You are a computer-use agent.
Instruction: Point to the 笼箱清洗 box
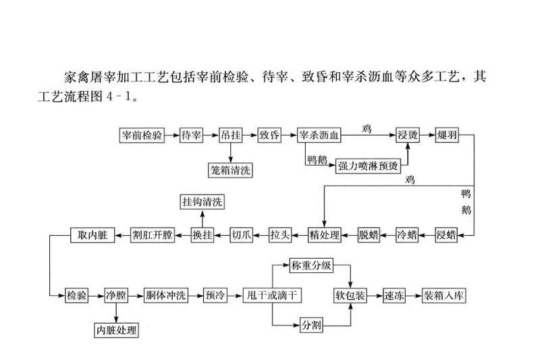230,170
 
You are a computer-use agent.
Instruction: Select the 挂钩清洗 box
202,202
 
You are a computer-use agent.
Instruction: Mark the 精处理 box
325,236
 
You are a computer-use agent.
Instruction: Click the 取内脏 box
89,236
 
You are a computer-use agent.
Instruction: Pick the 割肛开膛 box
152,236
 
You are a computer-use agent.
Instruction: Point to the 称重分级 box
311,265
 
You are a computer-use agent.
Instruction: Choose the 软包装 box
350,296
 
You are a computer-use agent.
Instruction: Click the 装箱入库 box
444,296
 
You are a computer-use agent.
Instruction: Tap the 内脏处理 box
115,330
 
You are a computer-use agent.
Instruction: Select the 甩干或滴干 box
270,296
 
